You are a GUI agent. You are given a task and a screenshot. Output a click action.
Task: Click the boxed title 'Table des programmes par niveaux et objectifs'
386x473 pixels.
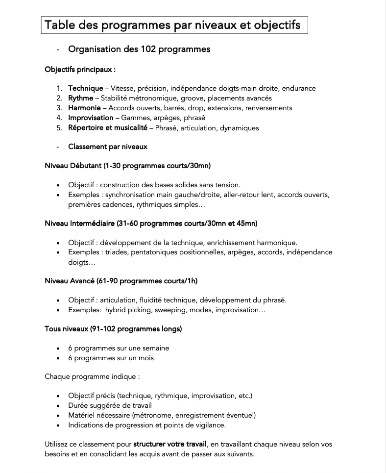pos(174,25)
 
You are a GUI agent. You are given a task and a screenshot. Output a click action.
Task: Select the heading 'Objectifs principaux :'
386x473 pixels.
pos(80,69)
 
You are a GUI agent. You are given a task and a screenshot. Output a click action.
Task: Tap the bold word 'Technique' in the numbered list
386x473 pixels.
pos(85,88)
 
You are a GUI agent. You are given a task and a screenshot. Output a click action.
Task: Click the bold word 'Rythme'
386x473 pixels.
pos(80,98)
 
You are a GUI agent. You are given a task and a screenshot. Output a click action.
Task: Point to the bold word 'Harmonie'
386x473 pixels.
pos(84,108)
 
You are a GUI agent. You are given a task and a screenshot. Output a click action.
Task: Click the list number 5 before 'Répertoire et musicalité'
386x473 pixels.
pos(59,128)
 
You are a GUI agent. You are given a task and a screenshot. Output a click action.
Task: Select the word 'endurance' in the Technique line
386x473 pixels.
pos(299,88)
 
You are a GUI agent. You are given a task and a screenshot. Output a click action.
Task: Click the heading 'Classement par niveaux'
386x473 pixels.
pos(108,147)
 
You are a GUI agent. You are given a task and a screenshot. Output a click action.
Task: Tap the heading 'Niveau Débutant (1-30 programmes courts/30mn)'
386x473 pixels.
pos(127,166)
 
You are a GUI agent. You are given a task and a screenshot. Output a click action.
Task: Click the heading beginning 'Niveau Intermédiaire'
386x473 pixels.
pos(151,223)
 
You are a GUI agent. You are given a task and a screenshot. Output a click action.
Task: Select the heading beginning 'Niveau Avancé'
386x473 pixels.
pos(121,281)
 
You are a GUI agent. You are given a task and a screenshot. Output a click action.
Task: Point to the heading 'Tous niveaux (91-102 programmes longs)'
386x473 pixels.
pos(113,329)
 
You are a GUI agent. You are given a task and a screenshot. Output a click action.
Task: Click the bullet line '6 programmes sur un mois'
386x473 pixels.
pos(111,358)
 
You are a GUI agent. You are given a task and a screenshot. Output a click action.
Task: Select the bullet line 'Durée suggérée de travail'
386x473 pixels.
pos(110,405)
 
